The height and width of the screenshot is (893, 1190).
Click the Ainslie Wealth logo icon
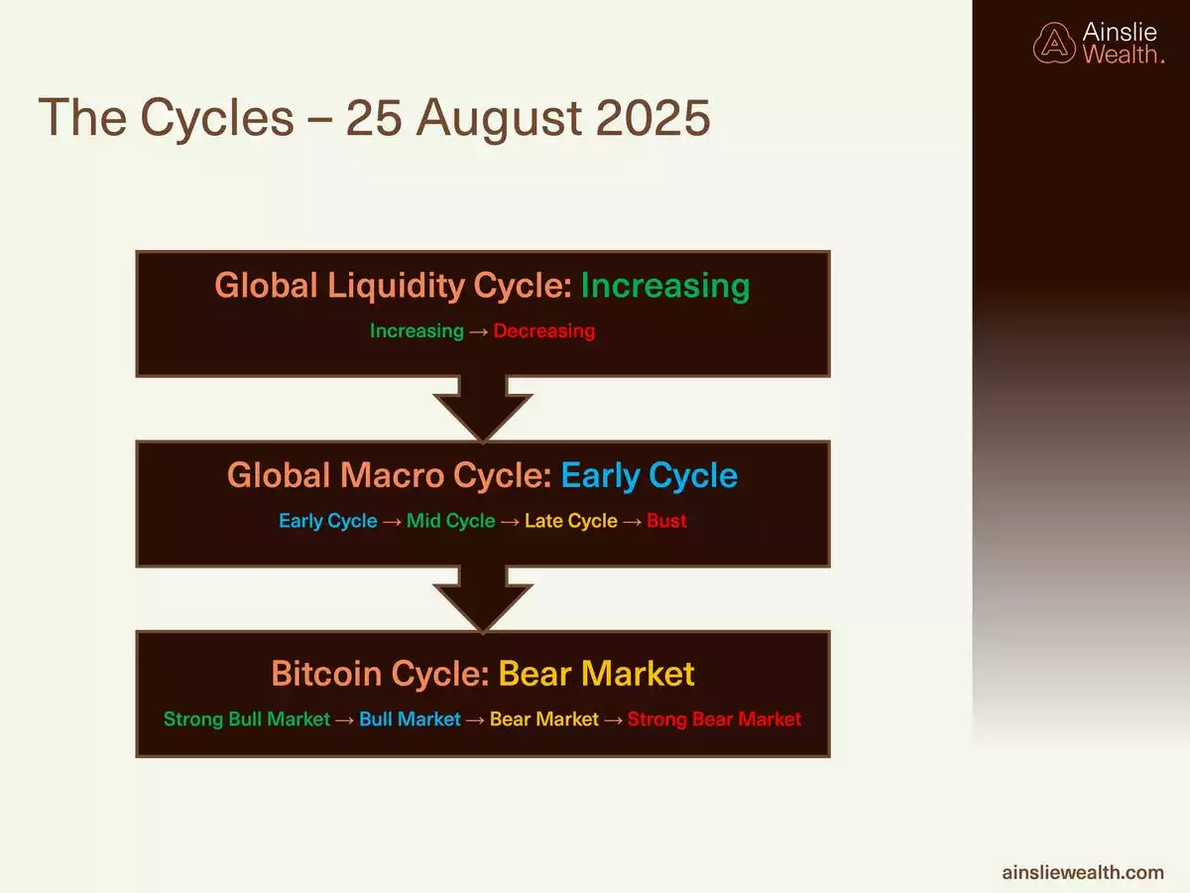[1054, 44]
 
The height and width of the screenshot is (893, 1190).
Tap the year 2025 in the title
[653, 118]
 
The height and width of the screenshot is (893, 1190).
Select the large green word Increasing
[665, 286]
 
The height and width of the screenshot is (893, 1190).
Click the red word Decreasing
[544, 330]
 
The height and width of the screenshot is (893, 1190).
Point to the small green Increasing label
[416, 330]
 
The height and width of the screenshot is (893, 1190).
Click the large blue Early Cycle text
[649, 476]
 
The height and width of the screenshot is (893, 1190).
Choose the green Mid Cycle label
[450, 521]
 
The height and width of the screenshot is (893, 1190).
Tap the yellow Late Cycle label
[571, 521]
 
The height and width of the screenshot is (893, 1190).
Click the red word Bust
[666, 521]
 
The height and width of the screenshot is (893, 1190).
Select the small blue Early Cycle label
[328, 521]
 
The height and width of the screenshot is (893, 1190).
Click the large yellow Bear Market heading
[596, 674]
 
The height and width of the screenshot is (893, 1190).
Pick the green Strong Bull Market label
[247, 719]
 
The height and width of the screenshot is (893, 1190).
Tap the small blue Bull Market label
[410, 719]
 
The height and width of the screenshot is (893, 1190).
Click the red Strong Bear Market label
[714, 719]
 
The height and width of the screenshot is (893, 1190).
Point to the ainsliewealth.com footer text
[1083, 872]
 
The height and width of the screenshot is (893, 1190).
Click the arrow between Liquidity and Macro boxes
[483, 408]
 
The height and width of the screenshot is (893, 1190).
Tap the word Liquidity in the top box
[396, 286]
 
